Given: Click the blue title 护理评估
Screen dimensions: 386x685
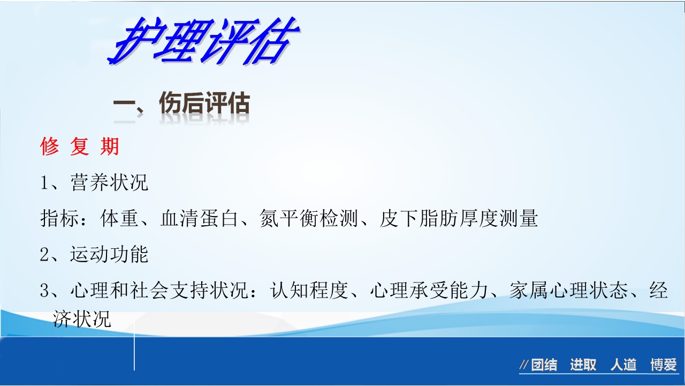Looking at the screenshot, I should pos(202,42).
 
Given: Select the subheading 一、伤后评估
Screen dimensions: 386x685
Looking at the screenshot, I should pos(181,105).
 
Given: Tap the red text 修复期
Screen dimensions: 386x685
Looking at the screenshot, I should pos(80,146).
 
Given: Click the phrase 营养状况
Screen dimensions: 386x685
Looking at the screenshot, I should pos(109,183).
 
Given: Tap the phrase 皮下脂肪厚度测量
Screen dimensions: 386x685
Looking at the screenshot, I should pos(458,219).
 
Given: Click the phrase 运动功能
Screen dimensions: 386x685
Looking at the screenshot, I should pos(109,255).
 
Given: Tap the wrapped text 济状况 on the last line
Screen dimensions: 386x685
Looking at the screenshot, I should pos(82,319).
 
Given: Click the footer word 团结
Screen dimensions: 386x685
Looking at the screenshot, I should pos(544,366).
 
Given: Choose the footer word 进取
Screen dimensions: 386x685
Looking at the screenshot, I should pos(583,366).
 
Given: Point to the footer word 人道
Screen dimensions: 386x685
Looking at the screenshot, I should pos(623,366).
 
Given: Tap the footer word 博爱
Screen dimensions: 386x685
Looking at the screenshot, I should pos(664,366).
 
